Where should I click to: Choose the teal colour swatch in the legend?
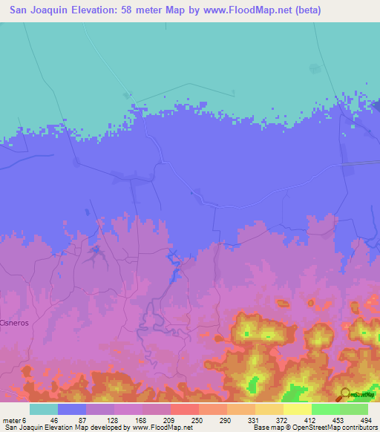pyautogui.click(x=43, y=409)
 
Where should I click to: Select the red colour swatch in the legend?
pyautogui.click(x=184, y=409)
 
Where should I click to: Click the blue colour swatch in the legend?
pyautogui.click(x=72, y=409)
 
